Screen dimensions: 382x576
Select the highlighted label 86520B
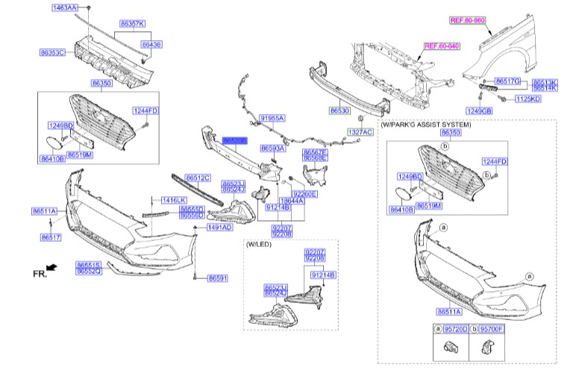coord(234,140)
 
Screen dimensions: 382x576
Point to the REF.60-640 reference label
coord(442,46)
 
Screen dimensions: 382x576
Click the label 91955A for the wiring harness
coord(272,118)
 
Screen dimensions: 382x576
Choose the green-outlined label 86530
coord(339,109)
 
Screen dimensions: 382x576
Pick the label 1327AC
coord(359,132)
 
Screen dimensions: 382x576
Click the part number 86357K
coord(133,23)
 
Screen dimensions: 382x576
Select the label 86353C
coord(53,53)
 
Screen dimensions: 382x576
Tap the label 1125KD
coord(528,98)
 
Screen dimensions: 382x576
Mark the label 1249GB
coord(479,111)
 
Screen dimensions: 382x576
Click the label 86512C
coord(198,178)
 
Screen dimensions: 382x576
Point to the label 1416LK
coord(173,200)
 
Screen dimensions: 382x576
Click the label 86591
coord(217,278)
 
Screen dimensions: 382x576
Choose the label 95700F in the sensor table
coord(492,328)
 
